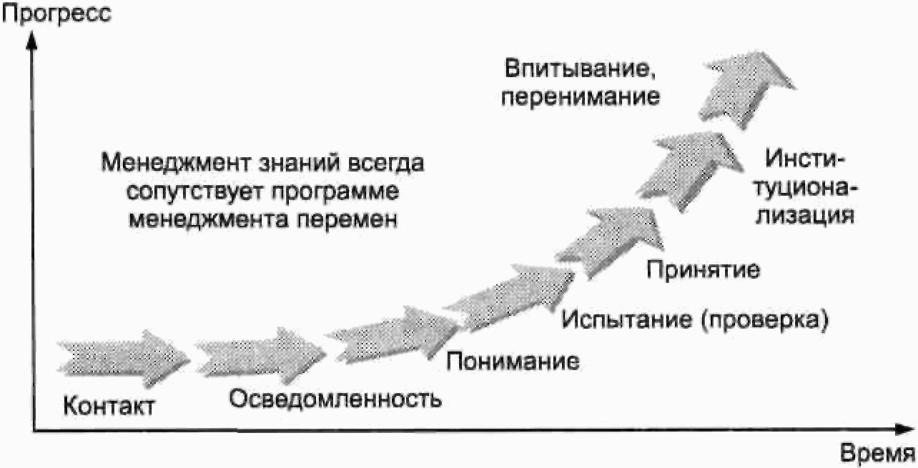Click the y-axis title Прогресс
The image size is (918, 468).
point(56,14)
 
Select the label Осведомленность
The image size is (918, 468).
point(335,398)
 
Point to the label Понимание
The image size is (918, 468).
point(512,360)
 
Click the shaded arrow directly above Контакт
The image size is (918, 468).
point(122,355)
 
